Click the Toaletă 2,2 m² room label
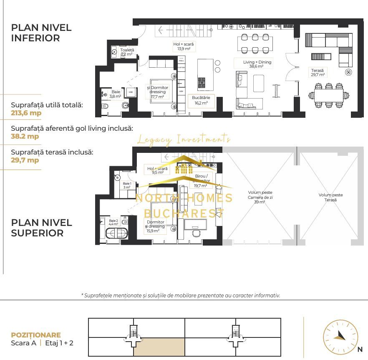pyautogui.click(x=127, y=52)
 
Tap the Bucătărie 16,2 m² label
pyautogui.click(x=201, y=100)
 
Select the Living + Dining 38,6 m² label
pyautogui.click(x=257, y=64)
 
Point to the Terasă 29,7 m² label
pyautogui.click(x=317, y=72)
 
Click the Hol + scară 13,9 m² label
pyautogui.click(x=184, y=46)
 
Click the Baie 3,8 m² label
pyautogui.click(x=115, y=94)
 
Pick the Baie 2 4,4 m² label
pyautogui.click(x=113, y=222)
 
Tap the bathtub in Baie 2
pyautogui.click(x=116, y=233)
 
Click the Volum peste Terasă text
pyautogui.click(x=330, y=197)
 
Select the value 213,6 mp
pyautogui.click(x=26, y=113)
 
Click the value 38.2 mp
pyautogui.click(x=25, y=136)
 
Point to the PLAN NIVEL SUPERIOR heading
pyautogui.click(x=41, y=228)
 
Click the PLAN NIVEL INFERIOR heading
pyautogui.click(x=41, y=33)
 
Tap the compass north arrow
pyautogui.click(x=340, y=336)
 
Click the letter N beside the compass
pyautogui.click(x=360, y=350)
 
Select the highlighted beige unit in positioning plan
pyautogui.click(x=159, y=347)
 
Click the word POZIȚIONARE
pyautogui.click(x=36, y=335)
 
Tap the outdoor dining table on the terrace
pyautogui.click(x=329, y=94)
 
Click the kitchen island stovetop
pyautogui.click(x=202, y=82)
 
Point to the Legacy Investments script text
pyautogui.click(x=184, y=139)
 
